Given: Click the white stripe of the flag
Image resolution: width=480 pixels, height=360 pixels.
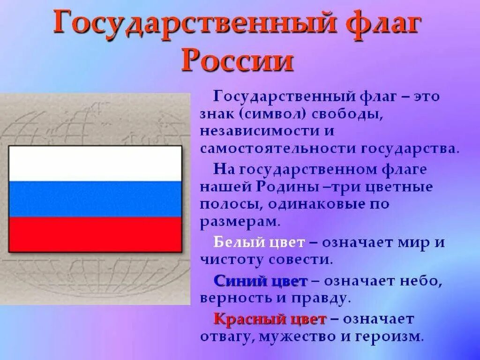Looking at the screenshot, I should [x=95, y=163].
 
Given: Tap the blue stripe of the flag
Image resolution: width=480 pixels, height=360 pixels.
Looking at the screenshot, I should [x=95, y=199].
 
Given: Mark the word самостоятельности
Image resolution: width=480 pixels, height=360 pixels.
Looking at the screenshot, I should [x=278, y=149].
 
